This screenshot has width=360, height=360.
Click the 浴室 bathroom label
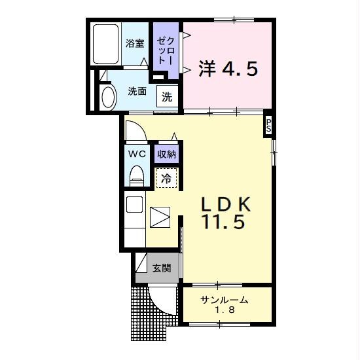coord(135,43)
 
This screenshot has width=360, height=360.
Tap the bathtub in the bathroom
coord(106,44)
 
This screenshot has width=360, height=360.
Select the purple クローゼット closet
coord(166,50)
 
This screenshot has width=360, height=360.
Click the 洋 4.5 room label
coord(228,69)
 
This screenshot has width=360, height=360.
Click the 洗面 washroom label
coord(137,92)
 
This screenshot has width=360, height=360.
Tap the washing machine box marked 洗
coord(167,96)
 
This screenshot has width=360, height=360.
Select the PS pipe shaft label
coord(268,126)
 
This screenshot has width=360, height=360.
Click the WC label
coord(137,154)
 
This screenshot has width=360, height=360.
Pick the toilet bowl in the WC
coord(137,175)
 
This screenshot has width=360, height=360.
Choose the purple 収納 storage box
coord(166,154)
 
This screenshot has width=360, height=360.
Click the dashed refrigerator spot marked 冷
coord(166,178)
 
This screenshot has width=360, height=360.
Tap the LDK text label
coord(226,204)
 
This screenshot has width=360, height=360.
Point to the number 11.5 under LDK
coord(223,222)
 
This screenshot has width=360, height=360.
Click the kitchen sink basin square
coord(134,204)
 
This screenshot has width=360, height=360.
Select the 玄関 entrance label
coord(162,268)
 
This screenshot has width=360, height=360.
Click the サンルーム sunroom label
coord(225,300)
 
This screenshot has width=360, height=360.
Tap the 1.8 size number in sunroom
coord(225,310)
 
